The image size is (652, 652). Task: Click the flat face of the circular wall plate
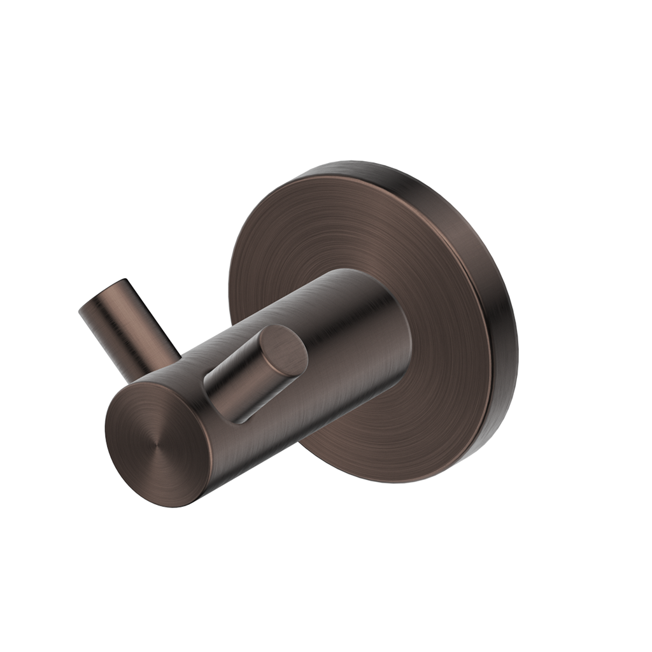pyautogui.click(x=357, y=242)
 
